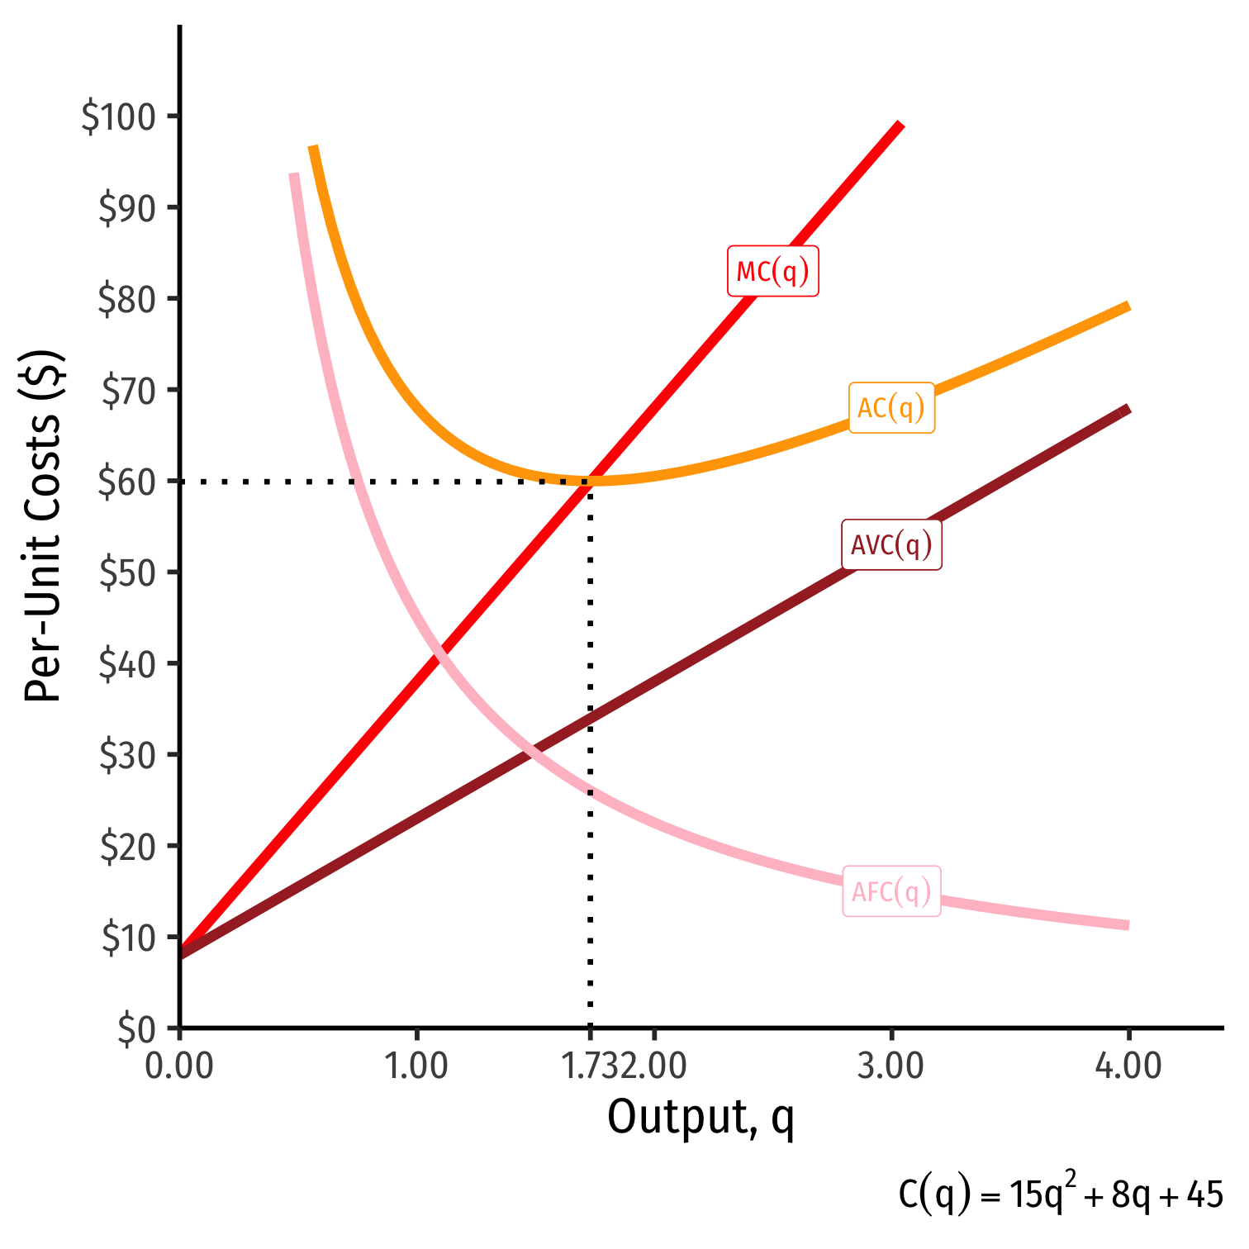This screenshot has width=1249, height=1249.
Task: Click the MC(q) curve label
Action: click(772, 271)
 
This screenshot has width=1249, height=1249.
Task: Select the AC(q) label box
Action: click(891, 407)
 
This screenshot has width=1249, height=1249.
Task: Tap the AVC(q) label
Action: click(891, 545)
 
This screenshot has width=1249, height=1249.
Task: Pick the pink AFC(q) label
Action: click(891, 891)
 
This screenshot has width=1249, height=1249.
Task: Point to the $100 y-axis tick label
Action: click(118, 117)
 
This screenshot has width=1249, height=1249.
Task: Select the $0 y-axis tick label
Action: click(136, 1029)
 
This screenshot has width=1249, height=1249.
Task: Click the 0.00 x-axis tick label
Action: click(179, 1066)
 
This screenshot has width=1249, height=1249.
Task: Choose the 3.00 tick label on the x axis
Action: click(890, 1066)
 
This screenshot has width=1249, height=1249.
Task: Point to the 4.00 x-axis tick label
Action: click(1128, 1066)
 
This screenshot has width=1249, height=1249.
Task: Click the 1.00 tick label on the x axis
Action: click(416, 1066)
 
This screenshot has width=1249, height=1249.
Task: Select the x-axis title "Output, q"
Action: click(700, 1118)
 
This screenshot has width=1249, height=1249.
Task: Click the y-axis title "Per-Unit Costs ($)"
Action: click(43, 526)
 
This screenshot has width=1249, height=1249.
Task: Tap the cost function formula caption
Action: click(1061, 1194)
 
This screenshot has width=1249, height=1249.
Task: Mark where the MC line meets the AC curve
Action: click(590, 480)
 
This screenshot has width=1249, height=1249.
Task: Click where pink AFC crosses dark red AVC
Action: click(530, 750)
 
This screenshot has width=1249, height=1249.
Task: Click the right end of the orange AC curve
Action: click(1128, 306)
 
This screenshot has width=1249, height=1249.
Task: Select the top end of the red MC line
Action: click(901, 125)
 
